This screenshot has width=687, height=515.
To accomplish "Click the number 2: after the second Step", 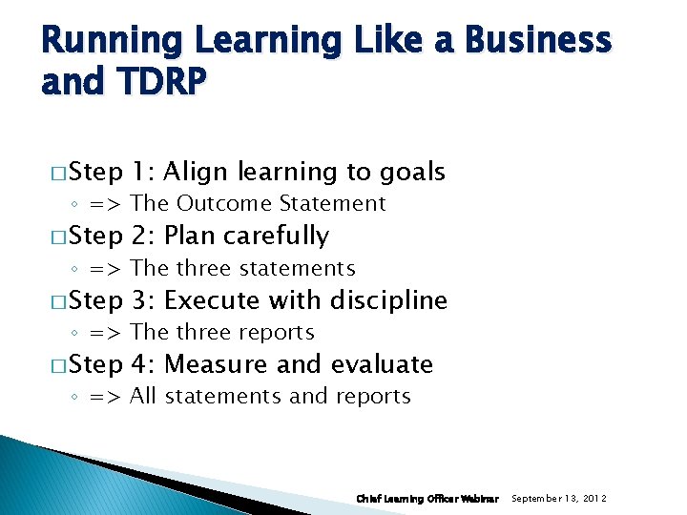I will tap(144, 236).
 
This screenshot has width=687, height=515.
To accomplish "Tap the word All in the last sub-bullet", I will tap(143, 396).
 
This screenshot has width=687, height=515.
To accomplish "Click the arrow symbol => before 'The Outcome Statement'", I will tap(104, 204).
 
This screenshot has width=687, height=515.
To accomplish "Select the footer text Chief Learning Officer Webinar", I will tap(427, 499).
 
